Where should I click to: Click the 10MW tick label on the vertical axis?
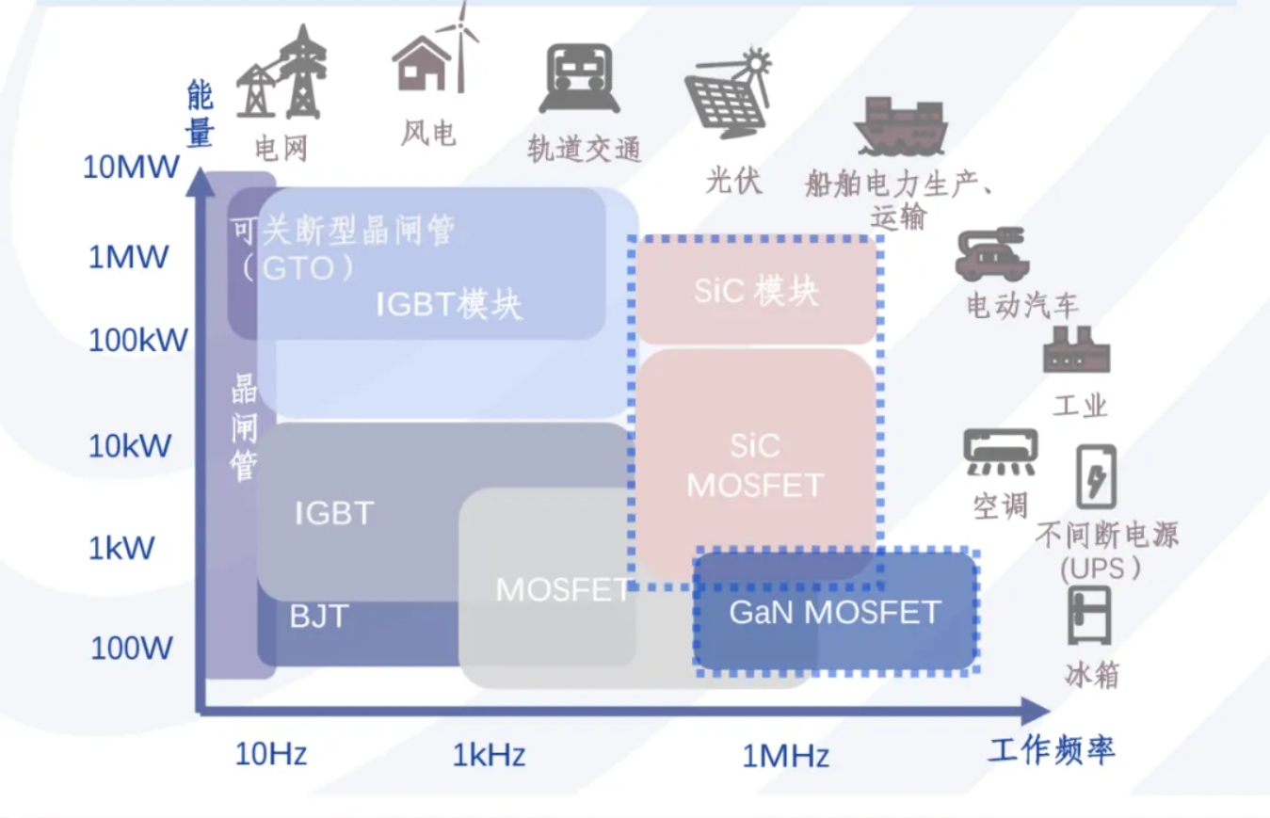click(131, 168)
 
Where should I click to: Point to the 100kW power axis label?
click(138, 341)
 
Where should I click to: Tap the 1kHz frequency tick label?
click(489, 755)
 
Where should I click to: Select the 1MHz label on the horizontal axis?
click(785, 755)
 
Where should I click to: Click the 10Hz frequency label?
click(271, 753)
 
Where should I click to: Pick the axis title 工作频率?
click(1052, 750)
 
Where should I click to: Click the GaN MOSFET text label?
click(835, 613)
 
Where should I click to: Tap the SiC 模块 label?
click(756, 292)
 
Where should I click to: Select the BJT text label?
click(319, 617)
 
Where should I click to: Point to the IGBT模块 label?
click(449, 304)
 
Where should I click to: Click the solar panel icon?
click(729, 93)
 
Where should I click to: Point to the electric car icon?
click(991, 253)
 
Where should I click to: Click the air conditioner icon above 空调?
click(1000, 453)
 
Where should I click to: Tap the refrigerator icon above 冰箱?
click(1090, 616)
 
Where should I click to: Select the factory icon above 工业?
click(1076, 350)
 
